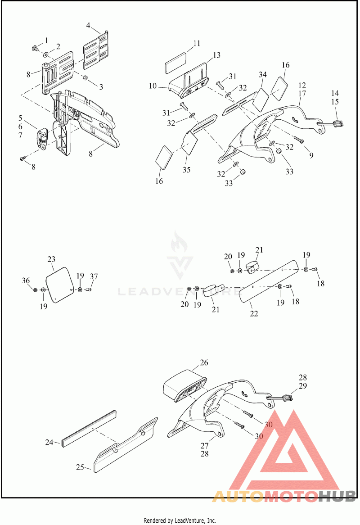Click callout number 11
tap(197, 44)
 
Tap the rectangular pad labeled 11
tap(178, 63)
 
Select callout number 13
tap(216, 55)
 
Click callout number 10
tap(153, 86)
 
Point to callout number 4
tap(88, 26)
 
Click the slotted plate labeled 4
tap(96, 49)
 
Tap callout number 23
tap(51, 259)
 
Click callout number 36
tap(26, 281)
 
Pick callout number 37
tap(94, 276)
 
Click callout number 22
tap(254, 313)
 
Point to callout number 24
tap(49, 442)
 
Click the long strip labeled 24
tap(89, 428)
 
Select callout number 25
tap(80, 467)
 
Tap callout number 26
tap(204, 362)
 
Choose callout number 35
tap(186, 170)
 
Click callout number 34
tap(263, 74)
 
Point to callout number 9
tap(311, 155)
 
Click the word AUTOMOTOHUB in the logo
tap(284, 496)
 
